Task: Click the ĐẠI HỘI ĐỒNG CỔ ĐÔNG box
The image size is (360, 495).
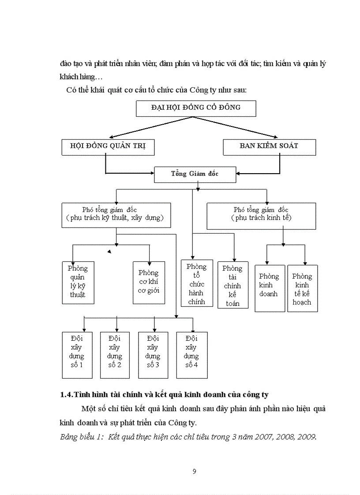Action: coord(196,108)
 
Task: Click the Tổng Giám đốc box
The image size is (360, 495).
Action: coord(195,174)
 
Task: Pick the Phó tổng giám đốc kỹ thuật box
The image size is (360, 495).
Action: coord(116,215)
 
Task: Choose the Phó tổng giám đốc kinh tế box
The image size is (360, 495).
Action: coord(261,216)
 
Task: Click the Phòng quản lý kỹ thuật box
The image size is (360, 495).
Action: coord(78,282)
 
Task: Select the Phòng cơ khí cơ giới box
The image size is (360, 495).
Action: coord(149,282)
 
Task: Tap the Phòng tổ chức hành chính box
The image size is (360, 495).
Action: coord(197,283)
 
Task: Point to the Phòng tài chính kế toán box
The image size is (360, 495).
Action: coord(232,285)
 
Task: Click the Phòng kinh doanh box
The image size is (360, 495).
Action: coord(269,288)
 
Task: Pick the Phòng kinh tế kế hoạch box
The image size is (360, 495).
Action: coord(302,288)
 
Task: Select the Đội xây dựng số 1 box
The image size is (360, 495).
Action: coord(77,355)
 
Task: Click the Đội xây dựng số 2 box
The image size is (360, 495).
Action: coord(115,355)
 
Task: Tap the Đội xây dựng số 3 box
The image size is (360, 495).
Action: coord(153,355)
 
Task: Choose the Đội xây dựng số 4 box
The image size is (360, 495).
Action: coord(192,355)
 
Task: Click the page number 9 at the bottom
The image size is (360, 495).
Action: coord(195,471)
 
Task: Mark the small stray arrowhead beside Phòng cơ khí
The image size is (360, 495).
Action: coord(109,252)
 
